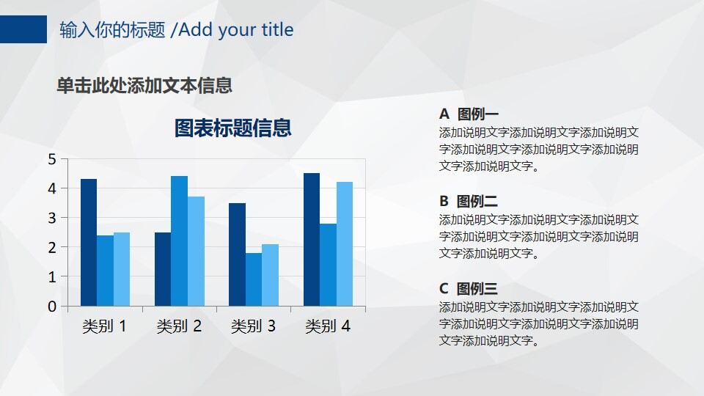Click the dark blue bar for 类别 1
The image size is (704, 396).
(89, 242)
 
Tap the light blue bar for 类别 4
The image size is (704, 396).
(344, 243)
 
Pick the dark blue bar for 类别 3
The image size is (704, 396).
(236, 254)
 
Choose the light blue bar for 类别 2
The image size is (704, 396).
(196, 251)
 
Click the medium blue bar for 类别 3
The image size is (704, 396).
(253, 279)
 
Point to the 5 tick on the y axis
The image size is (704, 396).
(52, 159)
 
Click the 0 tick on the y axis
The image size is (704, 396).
(52, 307)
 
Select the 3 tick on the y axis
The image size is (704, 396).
(52, 218)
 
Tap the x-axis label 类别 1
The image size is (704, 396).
(104, 326)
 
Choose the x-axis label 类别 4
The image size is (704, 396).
(328, 326)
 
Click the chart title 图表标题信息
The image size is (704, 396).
(232, 128)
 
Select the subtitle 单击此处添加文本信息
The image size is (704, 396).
(144, 85)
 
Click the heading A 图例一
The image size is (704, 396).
(469, 114)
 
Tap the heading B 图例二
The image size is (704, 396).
(469, 202)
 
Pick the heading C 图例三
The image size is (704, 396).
(469, 289)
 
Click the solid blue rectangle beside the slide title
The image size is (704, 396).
(23, 29)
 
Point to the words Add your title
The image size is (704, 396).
(235, 29)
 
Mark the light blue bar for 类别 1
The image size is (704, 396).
(122, 269)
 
